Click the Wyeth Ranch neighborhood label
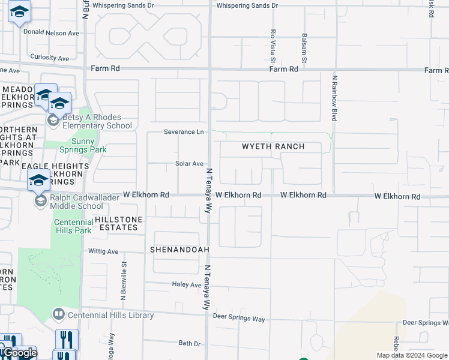pos(273,146)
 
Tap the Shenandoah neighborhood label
pos(179,249)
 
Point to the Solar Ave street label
pos(189,164)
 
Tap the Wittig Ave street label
pos(104,252)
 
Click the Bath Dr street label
pos(189,343)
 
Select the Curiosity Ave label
pos(50,58)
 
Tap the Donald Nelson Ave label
pos(51,33)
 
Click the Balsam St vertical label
pos(304,49)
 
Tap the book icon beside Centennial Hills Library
pos(58,314)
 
